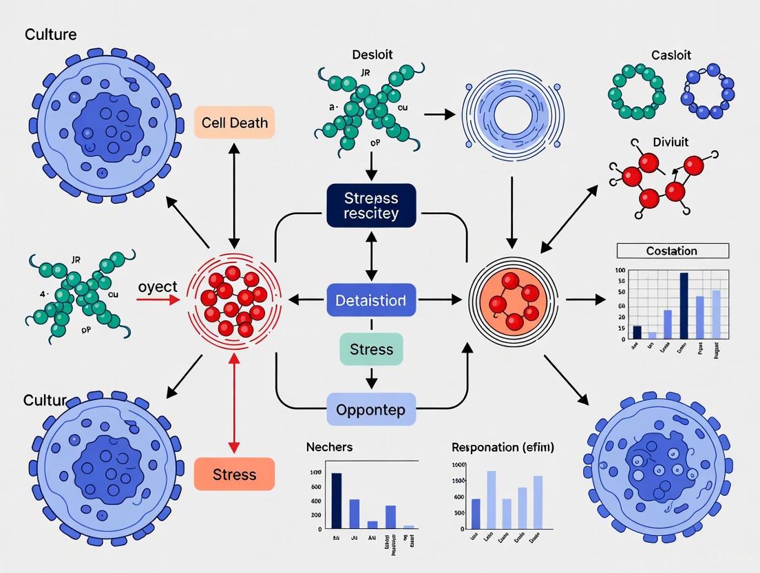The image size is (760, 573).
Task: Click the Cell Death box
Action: pos(234,124)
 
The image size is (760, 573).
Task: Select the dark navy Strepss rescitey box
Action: pos(371,205)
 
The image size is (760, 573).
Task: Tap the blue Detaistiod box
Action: pos(371,300)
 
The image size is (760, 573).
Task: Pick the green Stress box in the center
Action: pos(371,349)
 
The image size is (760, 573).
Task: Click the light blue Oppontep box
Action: pos(371,409)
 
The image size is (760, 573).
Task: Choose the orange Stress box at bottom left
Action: pos(234,475)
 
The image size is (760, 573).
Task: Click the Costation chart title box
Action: pos(672,251)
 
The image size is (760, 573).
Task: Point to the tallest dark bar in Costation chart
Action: pos(684,306)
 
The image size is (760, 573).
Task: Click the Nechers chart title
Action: pos(329,447)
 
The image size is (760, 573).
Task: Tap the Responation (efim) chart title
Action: pos(503,447)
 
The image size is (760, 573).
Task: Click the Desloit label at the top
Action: pos(371,54)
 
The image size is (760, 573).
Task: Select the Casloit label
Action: pos(671,54)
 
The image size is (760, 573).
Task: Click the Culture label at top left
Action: pos(50,34)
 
